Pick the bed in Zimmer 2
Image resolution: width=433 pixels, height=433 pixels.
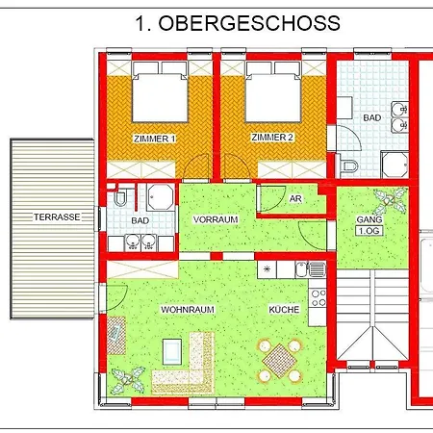click(x=270, y=96)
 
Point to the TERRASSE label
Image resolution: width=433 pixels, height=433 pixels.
click(x=55, y=217)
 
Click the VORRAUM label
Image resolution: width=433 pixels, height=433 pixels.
click(x=215, y=219)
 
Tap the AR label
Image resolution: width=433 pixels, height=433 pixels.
click(x=296, y=198)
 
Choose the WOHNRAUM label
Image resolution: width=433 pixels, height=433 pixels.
click(x=188, y=309)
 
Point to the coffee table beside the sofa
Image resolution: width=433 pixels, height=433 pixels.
click(x=115, y=332)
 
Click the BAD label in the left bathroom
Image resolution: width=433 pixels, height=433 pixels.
click(x=140, y=220)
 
